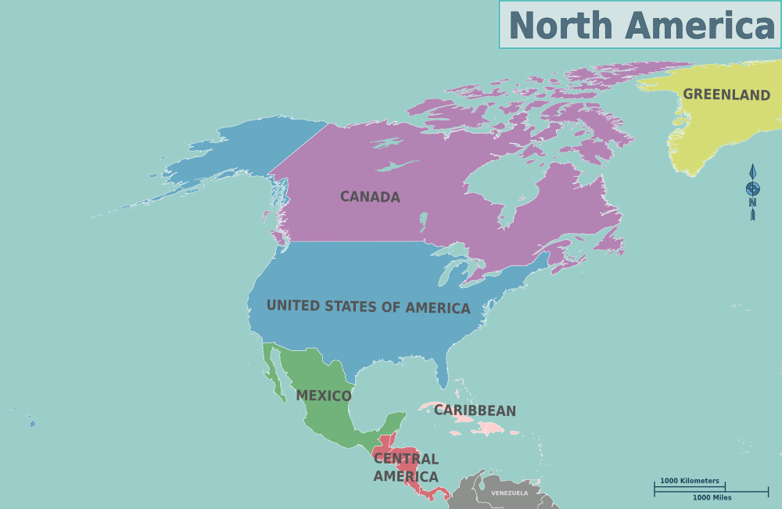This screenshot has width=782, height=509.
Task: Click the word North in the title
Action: pos(560,25)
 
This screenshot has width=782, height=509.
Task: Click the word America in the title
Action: pos(700,25)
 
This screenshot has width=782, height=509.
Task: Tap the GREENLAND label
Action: pos(726,95)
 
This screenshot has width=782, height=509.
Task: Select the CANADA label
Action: pos(370,197)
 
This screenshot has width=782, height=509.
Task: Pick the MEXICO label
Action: pos(324,396)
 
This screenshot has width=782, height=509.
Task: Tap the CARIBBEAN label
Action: pos(475,410)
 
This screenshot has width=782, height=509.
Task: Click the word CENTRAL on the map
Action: pos(406,459)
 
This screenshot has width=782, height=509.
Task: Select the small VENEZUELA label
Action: pos(509,493)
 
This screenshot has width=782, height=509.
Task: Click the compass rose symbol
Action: pos(752,189)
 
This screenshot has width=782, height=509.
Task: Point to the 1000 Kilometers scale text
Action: pos(689,481)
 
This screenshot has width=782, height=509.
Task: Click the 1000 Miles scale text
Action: pos(712,498)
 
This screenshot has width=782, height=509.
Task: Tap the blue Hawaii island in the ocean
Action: pos(33,425)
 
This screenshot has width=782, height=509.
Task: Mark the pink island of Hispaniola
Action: pos(488,428)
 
